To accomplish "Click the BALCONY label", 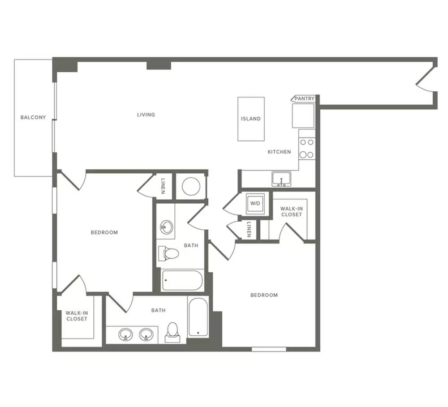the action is click(x=33, y=117).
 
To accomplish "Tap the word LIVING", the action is click(x=146, y=115).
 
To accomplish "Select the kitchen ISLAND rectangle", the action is click(x=251, y=119).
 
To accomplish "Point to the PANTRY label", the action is click(x=305, y=99).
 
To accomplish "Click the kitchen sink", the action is click(x=281, y=179).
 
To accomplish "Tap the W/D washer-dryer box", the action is click(x=255, y=204).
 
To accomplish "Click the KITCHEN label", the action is click(x=279, y=152).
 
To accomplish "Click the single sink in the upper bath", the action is click(x=166, y=227).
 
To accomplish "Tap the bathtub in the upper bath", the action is click(x=182, y=280).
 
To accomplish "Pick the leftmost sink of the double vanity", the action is click(x=126, y=334).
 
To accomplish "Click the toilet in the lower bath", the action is click(x=172, y=333).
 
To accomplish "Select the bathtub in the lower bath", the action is click(x=198, y=317).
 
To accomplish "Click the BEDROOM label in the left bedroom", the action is click(x=104, y=232).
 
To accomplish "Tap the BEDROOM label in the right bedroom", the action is click(x=264, y=295).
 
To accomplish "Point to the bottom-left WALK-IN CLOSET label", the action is click(x=77, y=316).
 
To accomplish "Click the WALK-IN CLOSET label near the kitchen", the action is click(x=292, y=212).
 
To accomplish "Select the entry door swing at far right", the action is click(x=426, y=80).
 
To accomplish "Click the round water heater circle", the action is click(x=191, y=186).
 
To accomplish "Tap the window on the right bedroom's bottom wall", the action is click(x=269, y=349).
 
